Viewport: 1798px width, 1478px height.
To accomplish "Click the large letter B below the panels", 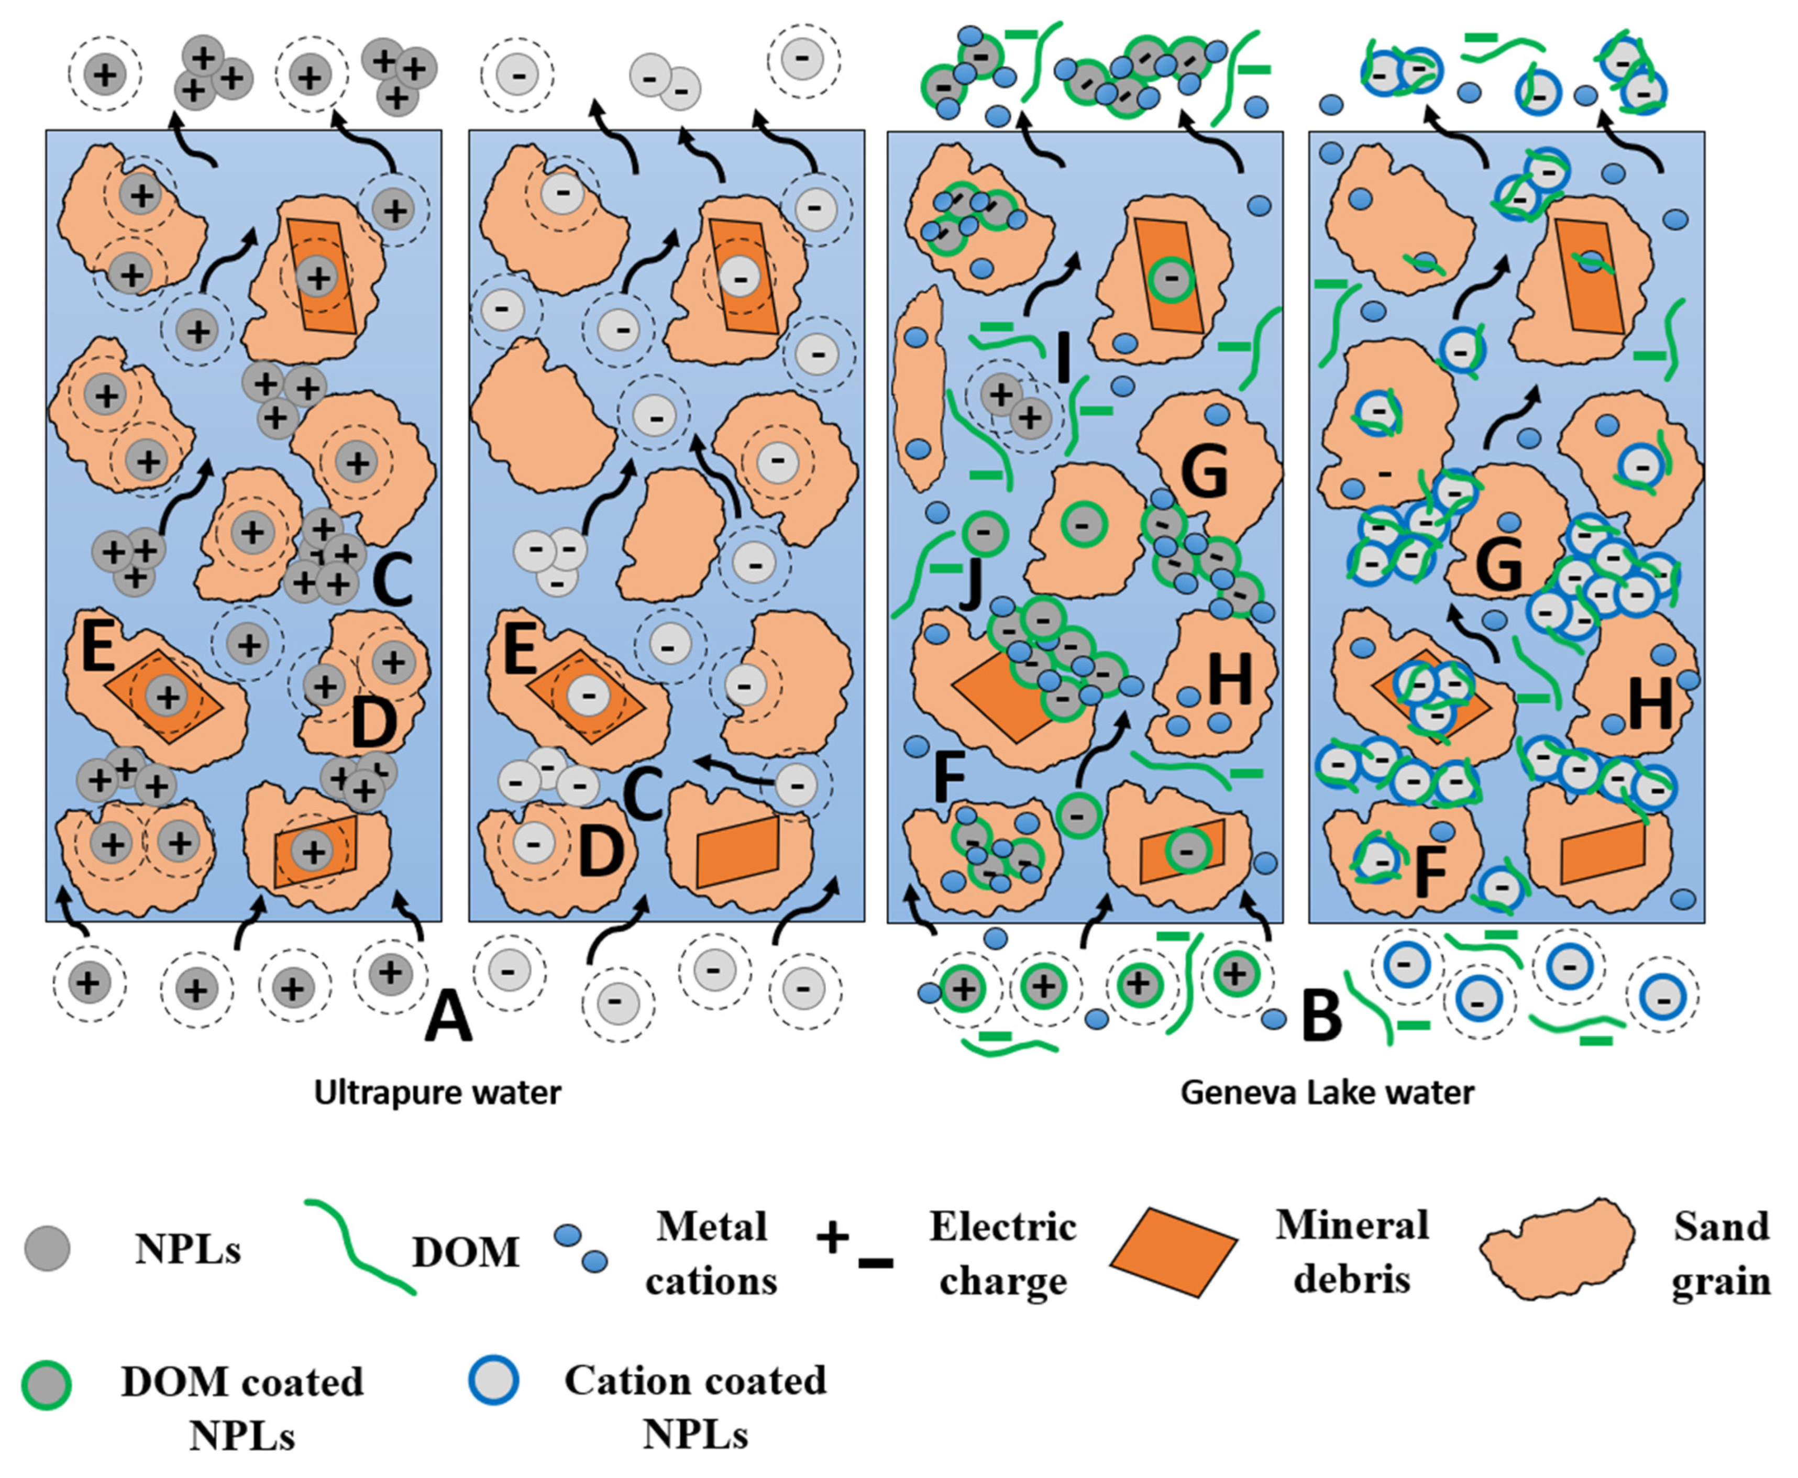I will (x=1321, y=1018).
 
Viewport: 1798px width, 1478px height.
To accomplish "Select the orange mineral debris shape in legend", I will (x=1173, y=1252).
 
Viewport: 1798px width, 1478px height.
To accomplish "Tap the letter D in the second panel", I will (x=601, y=852).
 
